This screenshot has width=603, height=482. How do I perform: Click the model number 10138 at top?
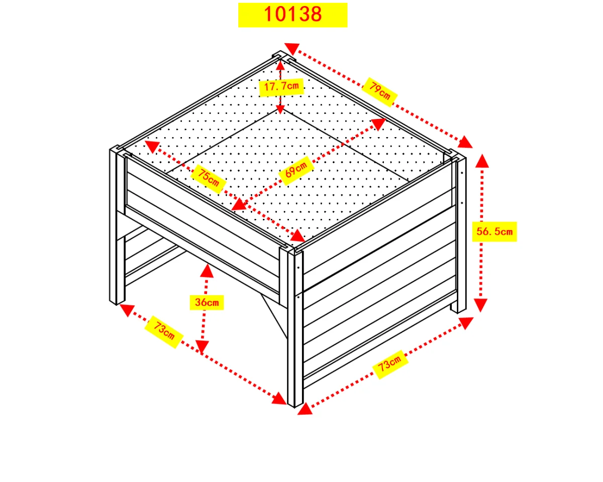(292, 14)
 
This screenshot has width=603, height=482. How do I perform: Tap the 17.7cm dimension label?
(281, 86)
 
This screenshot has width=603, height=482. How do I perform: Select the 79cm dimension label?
(380, 91)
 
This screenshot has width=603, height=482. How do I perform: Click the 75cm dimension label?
(208, 178)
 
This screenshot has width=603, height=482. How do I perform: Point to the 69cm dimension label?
(296, 170)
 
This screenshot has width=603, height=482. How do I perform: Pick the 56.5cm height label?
(494, 231)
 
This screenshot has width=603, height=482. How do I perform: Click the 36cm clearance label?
(207, 302)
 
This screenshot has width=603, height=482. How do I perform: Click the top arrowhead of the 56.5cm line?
(482, 161)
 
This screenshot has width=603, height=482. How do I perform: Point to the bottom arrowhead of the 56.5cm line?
(481, 305)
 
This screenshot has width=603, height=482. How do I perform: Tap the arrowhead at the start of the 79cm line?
(292, 49)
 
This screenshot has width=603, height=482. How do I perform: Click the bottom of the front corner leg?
(295, 404)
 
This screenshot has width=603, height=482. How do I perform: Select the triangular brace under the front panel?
(274, 316)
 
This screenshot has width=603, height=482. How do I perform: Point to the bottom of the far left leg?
(117, 302)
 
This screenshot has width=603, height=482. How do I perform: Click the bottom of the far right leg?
(459, 310)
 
